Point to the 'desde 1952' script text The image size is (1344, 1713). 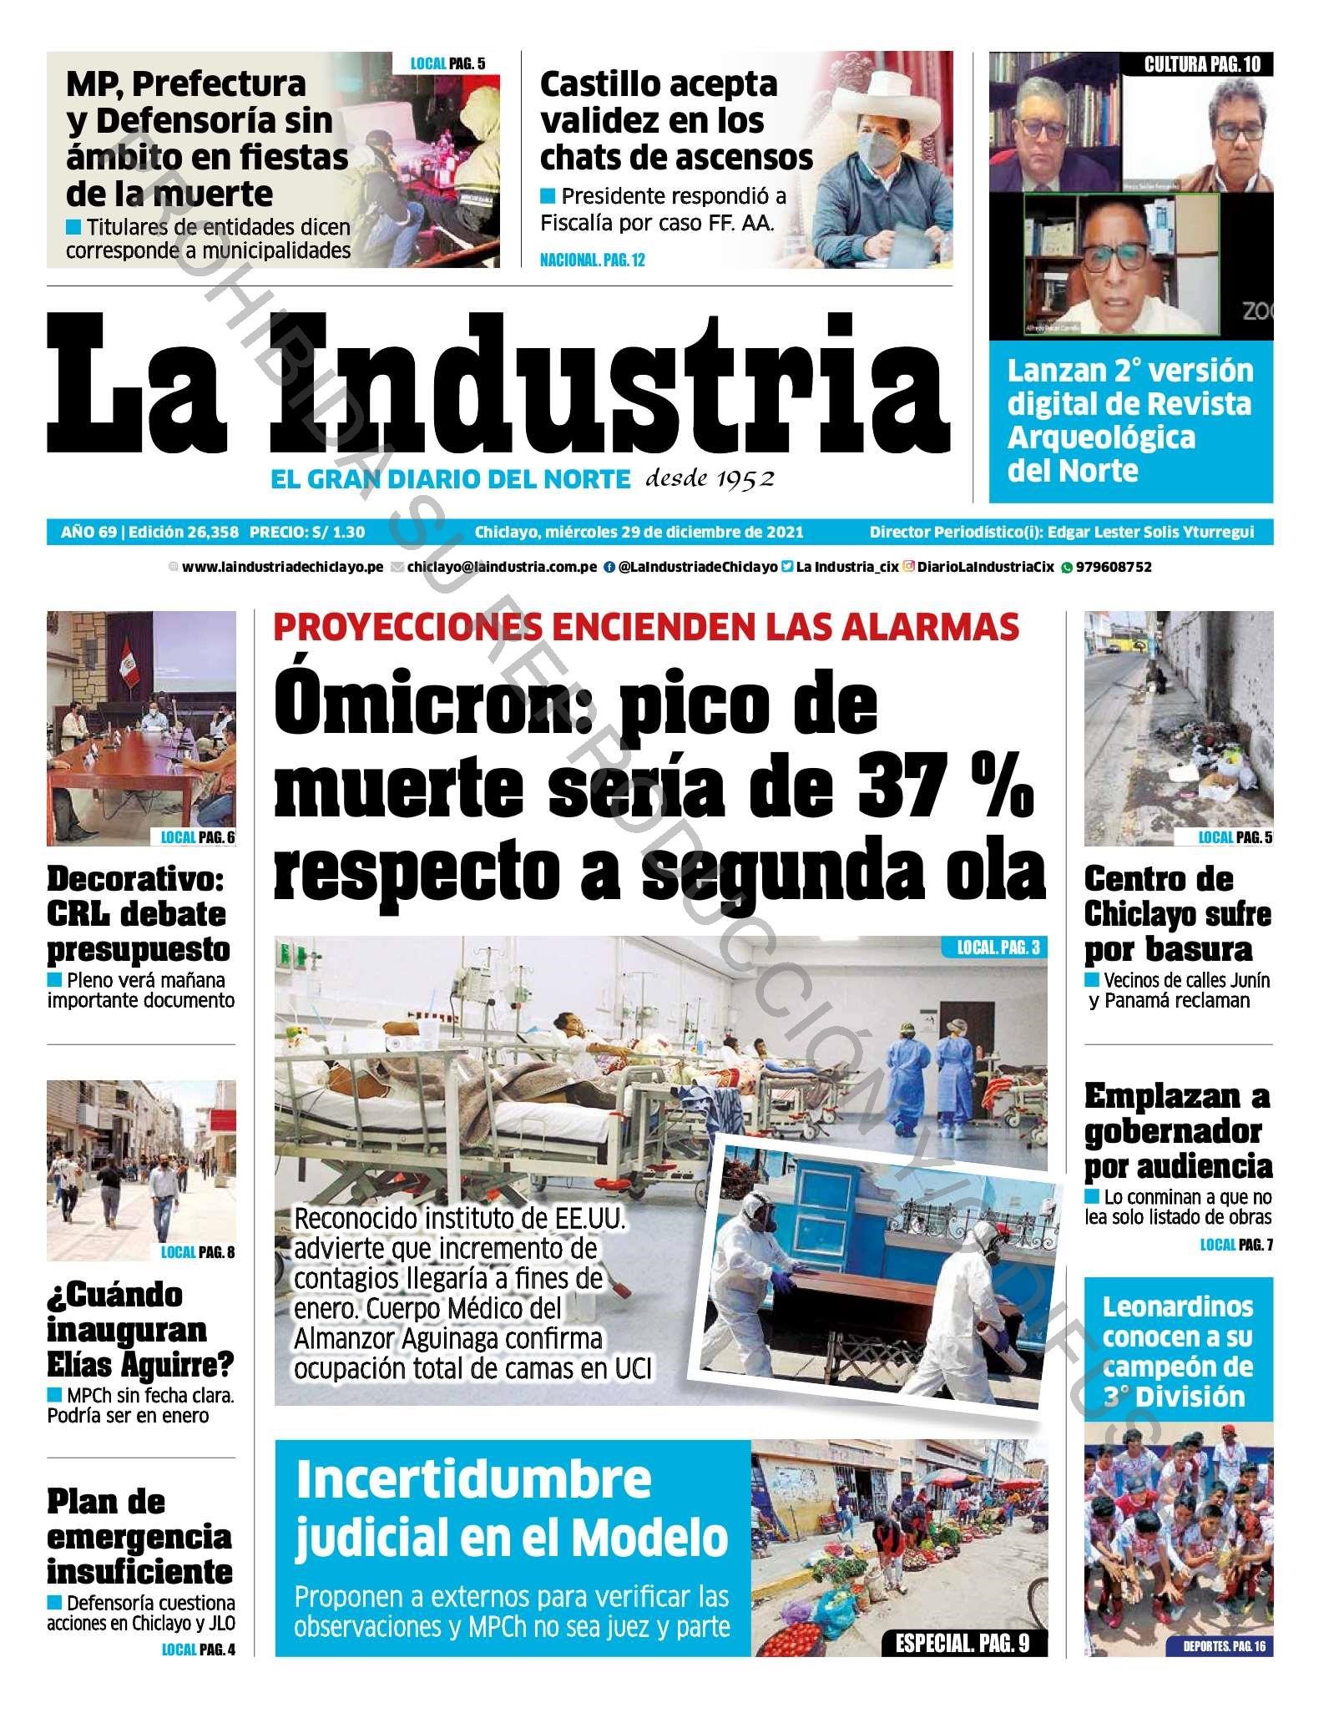pyautogui.click(x=710, y=478)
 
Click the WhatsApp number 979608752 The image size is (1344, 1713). pyautogui.click(x=1114, y=567)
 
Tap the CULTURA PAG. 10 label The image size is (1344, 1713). pyautogui.click(x=1202, y=64)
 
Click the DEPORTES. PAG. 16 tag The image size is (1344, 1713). pyautogui.click(x=1224, y=1646)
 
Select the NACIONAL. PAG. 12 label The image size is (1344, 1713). pyautogui.click(x=592, y=260)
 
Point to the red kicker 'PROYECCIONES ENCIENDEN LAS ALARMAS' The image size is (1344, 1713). pyautogui.click(x=646, y=627)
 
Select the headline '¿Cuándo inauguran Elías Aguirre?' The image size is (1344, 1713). pyautogui.click(x=140, y=1329)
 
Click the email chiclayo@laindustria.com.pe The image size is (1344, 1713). pyautogui.click(x=502, y=567)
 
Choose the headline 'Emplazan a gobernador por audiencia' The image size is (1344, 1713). pyautogui.click(x=1177, y=1131)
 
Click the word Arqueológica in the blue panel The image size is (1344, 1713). pyautogui.click(x=1101, y=437)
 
